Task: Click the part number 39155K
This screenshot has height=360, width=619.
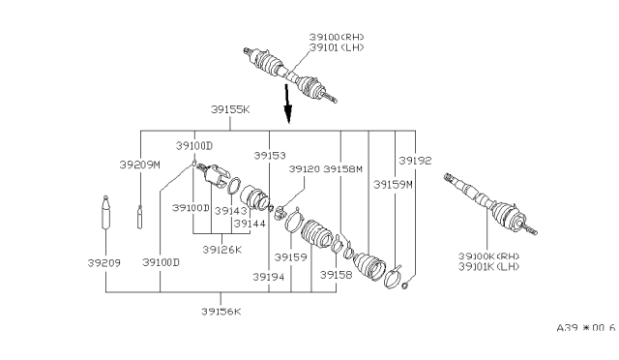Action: tap(230, 110)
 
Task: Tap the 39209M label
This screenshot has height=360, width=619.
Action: tap(138, 165)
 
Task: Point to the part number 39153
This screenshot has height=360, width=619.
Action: tap(270, 155)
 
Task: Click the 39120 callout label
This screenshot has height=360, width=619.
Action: tap(306, 168)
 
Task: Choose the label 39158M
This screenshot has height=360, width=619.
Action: tap(343, 168)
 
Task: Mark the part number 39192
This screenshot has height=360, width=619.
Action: tap(415, 160)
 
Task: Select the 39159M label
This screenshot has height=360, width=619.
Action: tap(394, 183)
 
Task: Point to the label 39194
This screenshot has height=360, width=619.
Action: tap(270, 276)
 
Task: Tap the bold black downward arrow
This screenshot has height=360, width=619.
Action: tap(287, 101)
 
